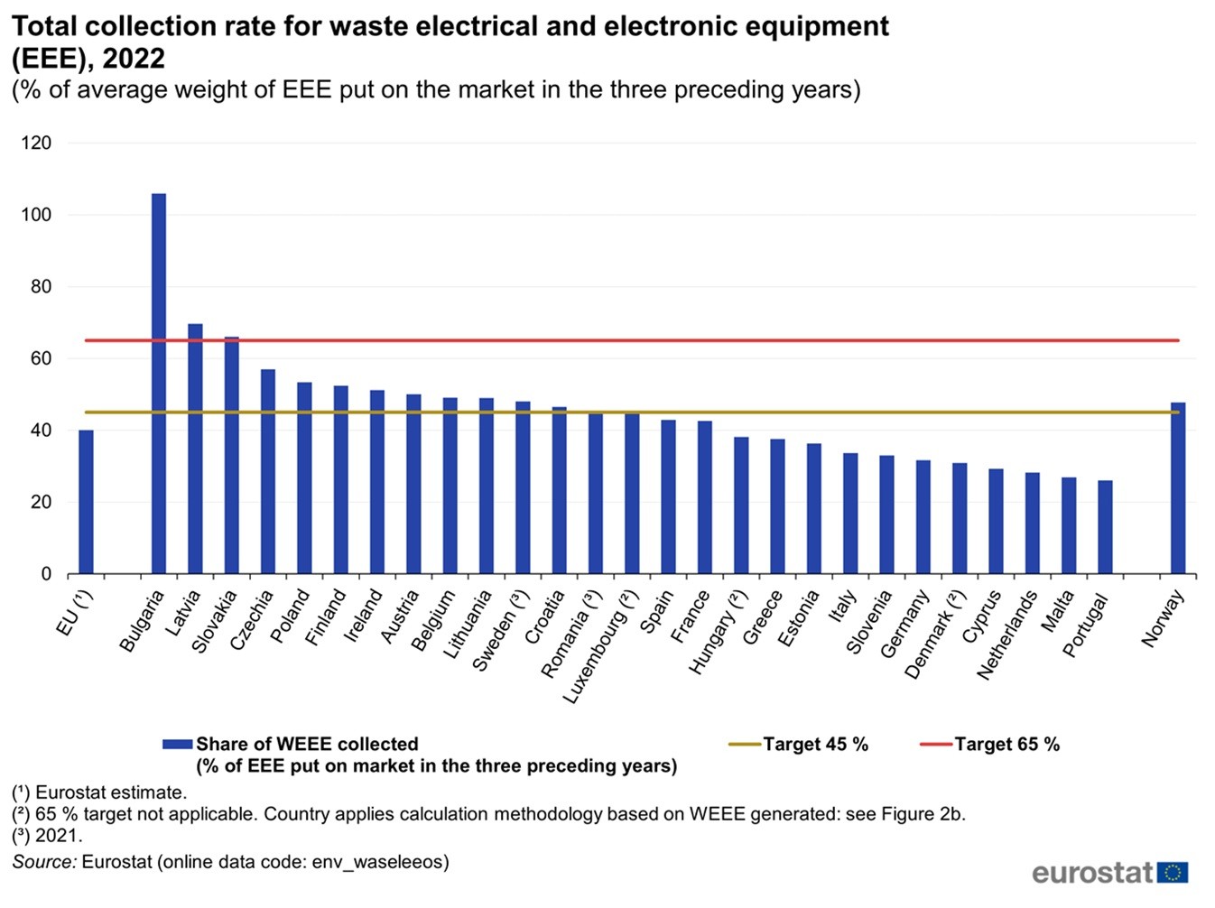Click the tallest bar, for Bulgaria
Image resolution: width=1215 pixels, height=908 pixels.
(159, 384)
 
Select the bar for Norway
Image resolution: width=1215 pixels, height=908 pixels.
(1178, 488)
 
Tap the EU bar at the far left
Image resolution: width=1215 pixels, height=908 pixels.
(86, 502)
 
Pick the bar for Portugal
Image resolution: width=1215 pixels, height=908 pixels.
(1105, 527)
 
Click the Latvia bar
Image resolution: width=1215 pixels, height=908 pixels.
(195, 449)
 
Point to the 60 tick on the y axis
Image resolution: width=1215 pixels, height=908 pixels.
(41, 358)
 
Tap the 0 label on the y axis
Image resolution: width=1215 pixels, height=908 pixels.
(46, 574)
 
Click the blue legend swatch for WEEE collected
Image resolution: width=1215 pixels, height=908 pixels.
(178, 745)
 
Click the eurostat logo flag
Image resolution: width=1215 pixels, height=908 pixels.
(1173, 873)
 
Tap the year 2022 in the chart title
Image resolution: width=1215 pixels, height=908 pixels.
(133, 59)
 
